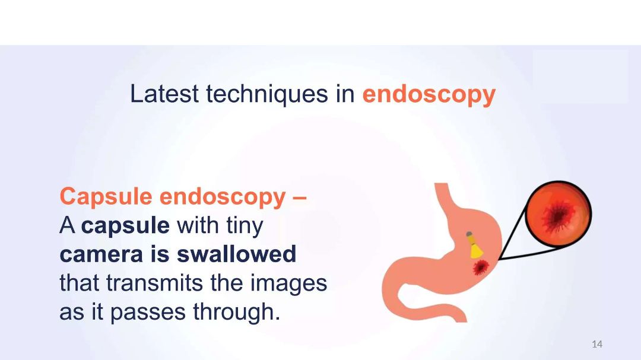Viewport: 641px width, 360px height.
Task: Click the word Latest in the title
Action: click(x=164, y=94)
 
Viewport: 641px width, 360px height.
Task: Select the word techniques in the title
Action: click(x=267, y=94)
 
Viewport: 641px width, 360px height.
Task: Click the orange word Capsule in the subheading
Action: click(x=106, y=197)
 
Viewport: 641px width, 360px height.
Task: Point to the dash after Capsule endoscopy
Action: click(x=300, y=197)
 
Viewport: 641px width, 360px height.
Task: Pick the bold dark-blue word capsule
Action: click(x=125, y=226)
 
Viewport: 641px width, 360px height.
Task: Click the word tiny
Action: click(x=245, y=226)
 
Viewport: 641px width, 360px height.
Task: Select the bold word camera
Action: click(x=101, y=254)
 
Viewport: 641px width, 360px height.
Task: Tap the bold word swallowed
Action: click(x=236, y=254)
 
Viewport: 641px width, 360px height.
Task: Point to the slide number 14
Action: click(x=597, y=344)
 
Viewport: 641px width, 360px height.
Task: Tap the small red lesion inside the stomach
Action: click(x=481, y=267)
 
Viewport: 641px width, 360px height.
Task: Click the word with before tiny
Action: click(x=198, y=225)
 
